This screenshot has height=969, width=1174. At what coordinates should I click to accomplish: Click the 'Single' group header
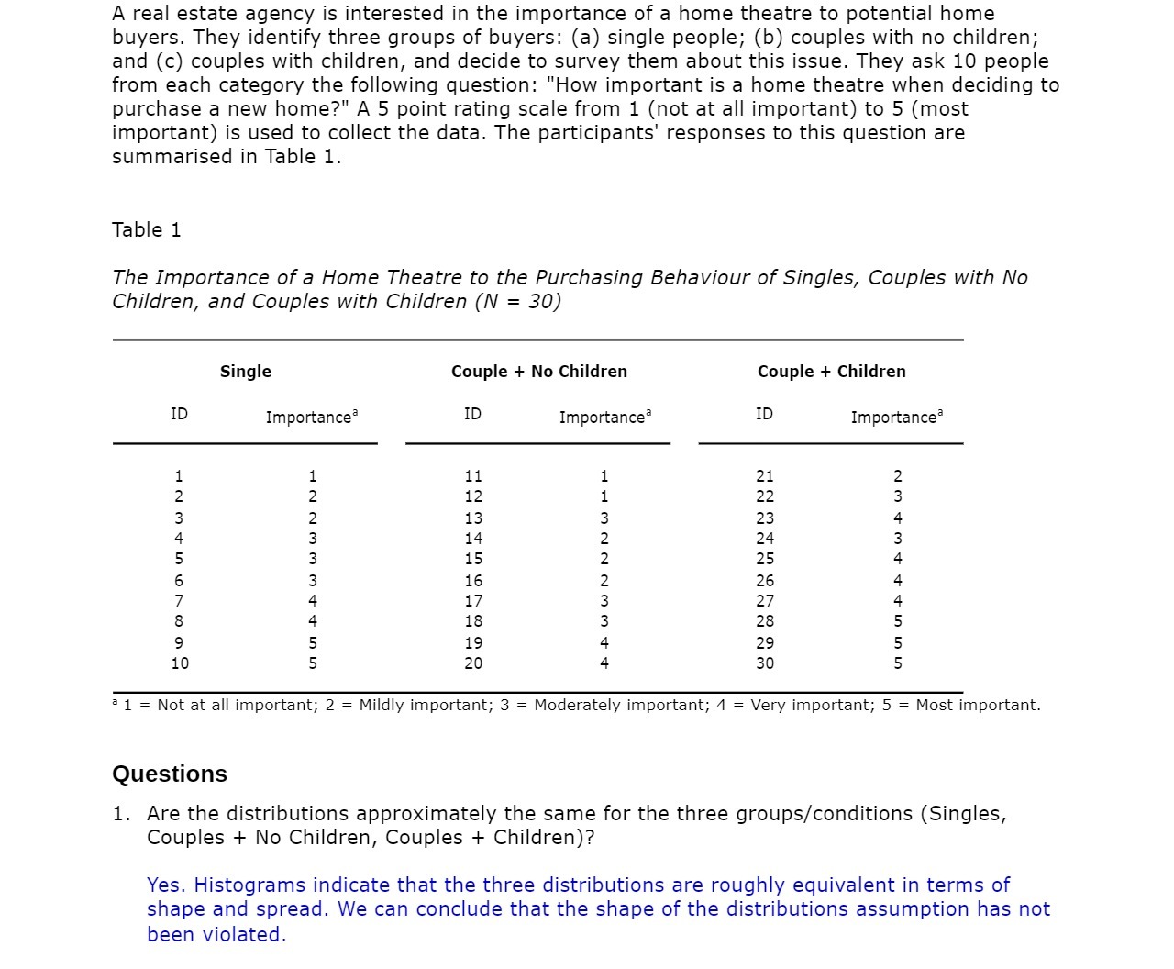point(245,372)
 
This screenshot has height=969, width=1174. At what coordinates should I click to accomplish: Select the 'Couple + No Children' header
point(538,372)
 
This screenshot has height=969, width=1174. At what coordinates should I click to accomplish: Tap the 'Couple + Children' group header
point(831,372)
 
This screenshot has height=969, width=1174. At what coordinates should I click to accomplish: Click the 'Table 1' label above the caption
point(147,230)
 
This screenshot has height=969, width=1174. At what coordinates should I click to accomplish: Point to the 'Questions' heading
point(170,774)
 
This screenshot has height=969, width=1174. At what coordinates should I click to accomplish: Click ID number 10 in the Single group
point(180,663)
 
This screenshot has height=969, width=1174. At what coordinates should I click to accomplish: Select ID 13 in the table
point(472,518)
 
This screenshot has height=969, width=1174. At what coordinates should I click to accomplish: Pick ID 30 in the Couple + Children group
point(764,663)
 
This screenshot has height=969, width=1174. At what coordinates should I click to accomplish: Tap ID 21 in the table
point(764,476)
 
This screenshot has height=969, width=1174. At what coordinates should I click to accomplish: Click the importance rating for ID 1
point(313,476)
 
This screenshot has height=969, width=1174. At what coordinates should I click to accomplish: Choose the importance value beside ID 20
point(604,663)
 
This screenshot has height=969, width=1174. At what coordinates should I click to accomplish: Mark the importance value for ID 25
point(897,559)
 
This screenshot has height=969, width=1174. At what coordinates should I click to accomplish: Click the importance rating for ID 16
point(604,581)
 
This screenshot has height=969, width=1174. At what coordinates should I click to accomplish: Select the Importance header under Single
point(310,418)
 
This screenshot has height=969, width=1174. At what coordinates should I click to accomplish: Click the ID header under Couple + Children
point(764,414)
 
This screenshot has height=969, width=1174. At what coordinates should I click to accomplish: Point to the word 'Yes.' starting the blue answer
point(166,885)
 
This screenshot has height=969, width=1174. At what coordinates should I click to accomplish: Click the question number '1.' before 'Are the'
point(121,814)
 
